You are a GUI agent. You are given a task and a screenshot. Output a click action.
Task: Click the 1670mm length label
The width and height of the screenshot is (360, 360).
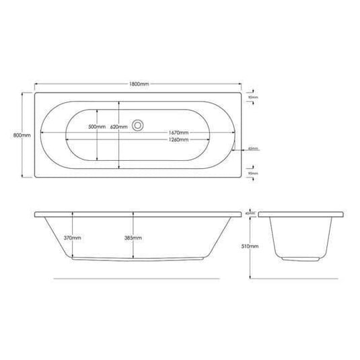[178, 133]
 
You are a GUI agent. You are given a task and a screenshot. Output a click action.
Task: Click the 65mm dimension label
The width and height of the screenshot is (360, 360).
[253, 149]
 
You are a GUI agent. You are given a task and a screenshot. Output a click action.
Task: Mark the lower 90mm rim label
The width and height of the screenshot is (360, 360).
[254, 174]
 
